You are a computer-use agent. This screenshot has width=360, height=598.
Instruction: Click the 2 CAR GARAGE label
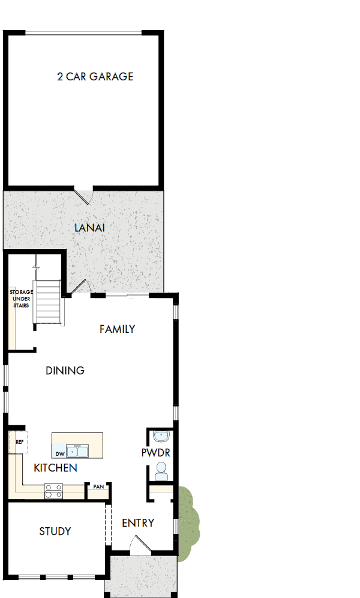click(x=95, y=77)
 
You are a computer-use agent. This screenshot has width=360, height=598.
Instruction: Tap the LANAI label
click(x=90, y=228)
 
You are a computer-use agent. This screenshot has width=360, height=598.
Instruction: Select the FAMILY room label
click(x=117, y=329)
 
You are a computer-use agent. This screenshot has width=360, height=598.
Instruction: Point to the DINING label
click(x=65, y=371)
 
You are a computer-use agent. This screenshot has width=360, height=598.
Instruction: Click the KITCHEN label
click(x=55, y=468)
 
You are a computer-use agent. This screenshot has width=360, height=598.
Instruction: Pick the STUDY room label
click(x=55, y=531)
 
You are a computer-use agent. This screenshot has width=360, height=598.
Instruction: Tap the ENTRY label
click(x=138, y=523)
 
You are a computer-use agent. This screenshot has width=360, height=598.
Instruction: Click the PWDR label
click(x=155, y=453)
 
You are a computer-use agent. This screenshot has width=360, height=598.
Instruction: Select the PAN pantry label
click(x=98, y=486)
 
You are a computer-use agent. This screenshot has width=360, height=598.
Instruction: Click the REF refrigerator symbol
click(x=19, y=442)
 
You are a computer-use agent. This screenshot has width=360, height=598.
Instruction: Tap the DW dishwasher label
click(x=60, y=454)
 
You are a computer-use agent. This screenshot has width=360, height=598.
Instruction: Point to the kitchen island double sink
click(x=78, y=451)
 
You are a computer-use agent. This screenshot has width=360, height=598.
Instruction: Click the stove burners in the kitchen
click(x=53, y=491)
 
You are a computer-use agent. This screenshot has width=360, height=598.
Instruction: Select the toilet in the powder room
click(x=161, y=471)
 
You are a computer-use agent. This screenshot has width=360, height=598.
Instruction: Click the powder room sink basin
click(x=161, y=436)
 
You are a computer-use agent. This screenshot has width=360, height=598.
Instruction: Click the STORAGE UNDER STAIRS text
click(x=21, y=299)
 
